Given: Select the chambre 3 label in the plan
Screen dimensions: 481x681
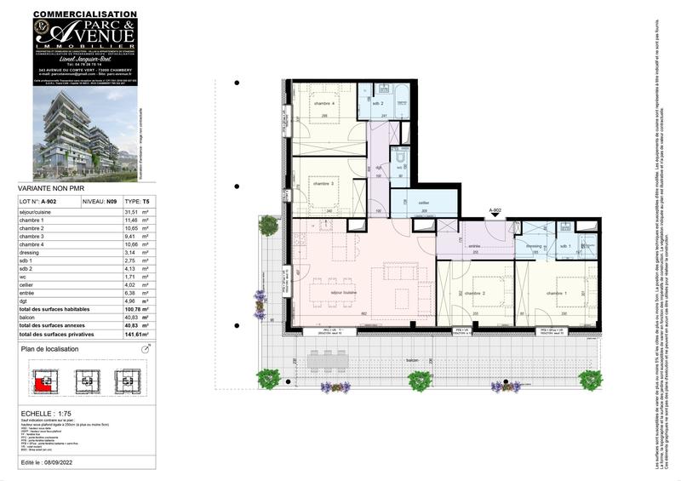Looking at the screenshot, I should [321, 183].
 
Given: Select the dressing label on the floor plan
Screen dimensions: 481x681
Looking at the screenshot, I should [534, 247].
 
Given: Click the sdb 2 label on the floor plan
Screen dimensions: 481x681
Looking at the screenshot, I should [378, 104].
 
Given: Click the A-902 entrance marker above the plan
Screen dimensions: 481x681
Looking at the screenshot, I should [497, 209].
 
